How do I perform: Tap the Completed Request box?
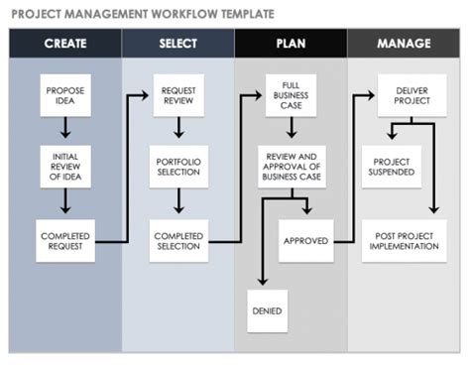(65, 239)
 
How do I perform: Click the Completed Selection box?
(178, 239)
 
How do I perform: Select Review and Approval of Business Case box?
(292, 165)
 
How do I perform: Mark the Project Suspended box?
(391, 165)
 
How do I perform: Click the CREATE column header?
(65, 44)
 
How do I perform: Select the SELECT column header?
(178, 44)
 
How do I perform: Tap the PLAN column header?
(292, 44)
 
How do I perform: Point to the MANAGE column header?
(404, 44)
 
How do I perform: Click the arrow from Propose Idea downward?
(65, 128)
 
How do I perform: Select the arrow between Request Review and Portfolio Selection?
(178, 128)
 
